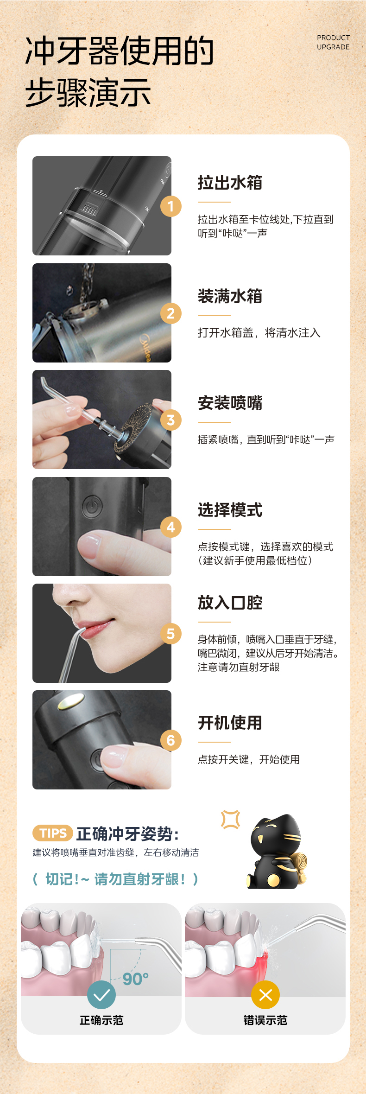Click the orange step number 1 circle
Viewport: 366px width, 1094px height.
pyautogui.click(x=170, y=206)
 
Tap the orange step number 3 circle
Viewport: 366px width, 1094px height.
pyautogui.click(x=170, y=420)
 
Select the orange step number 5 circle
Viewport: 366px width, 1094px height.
pyautogui.click(x=170, y=634)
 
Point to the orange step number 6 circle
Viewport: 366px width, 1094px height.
pyautogui.click(x=170, y=740)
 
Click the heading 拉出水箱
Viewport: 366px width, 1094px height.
pyautogui.click(x=230, y=183)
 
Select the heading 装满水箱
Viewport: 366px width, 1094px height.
pyautogui.click(x=230, y=296)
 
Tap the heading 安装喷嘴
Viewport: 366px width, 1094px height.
pyautogui.click(x=230, y=403)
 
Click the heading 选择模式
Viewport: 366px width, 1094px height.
pyautogui.click(x=230, y=510)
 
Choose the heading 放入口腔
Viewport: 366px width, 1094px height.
pyautogui.click(x=230, y=603)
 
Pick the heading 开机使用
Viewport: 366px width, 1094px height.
pyautogui.click(x=230, y=723)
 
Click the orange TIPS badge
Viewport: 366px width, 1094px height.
pyautogui.click(x=53, y=833)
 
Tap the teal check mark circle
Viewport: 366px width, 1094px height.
pyautogui.click(x=101, y=995)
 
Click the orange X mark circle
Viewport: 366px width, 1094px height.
pyautogui.click(x=265, y=995)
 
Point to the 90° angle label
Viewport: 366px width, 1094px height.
pyautogui.click(x=136, y=979)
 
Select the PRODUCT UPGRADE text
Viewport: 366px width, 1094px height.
pyautogui.click(x=334, y=42)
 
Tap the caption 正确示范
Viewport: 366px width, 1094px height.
pyautogui.click(x=101, y=1020)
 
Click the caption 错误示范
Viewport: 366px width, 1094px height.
pyautogui.click(x=265, y=1020)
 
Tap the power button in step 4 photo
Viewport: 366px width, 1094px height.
pyautogui.click(x=92, y=507)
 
